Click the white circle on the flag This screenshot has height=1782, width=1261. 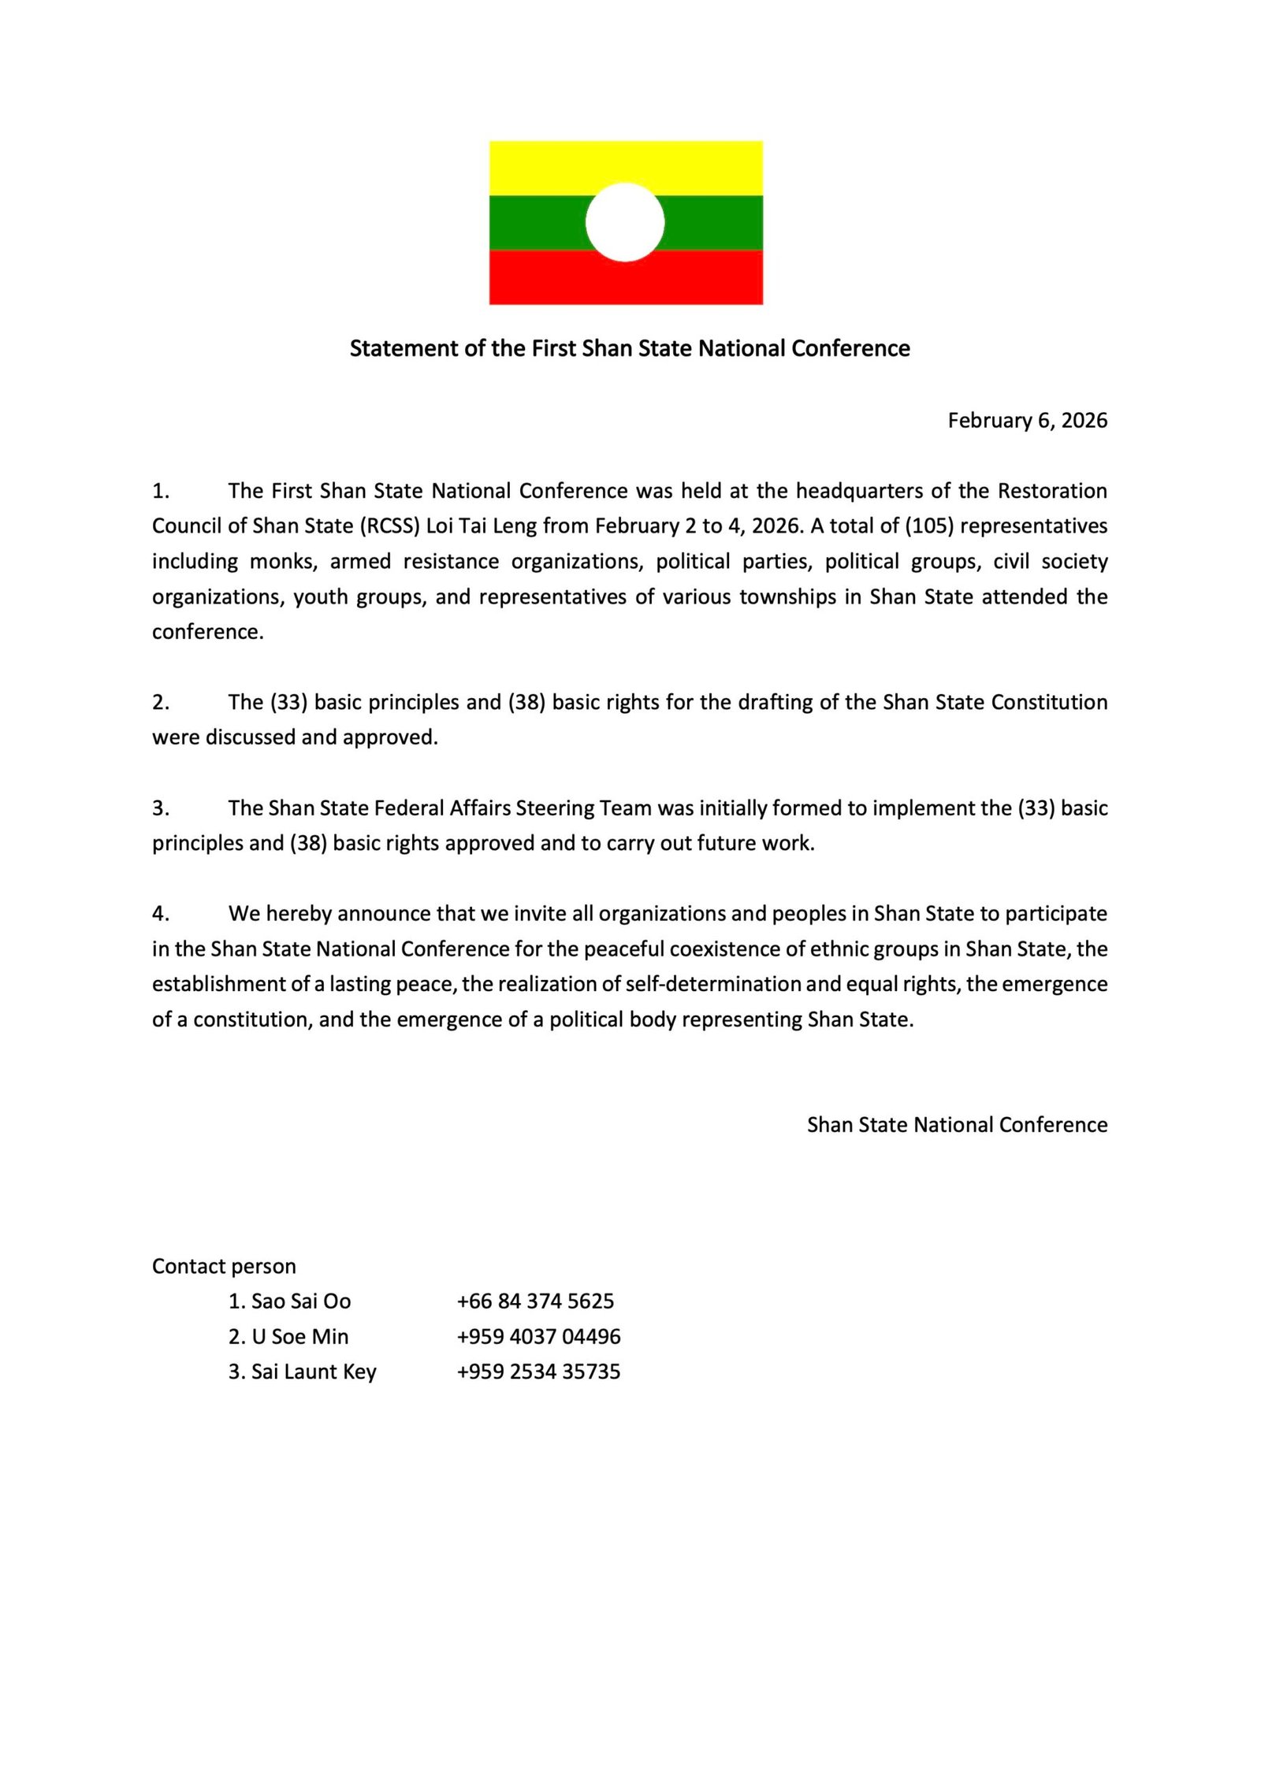coord(625,222)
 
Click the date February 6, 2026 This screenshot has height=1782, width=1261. coord(1027,421)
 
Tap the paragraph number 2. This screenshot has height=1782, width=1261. coord(160,703)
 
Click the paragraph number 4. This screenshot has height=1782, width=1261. coord(160,914)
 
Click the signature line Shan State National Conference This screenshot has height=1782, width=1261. coord(957,1125)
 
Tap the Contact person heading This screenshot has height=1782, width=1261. coord(224,1267)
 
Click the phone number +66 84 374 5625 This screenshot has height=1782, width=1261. coord(535,1301)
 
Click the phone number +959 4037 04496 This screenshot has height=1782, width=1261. coord(538,1337)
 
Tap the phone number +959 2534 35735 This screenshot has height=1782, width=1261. coord(538,1372)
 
